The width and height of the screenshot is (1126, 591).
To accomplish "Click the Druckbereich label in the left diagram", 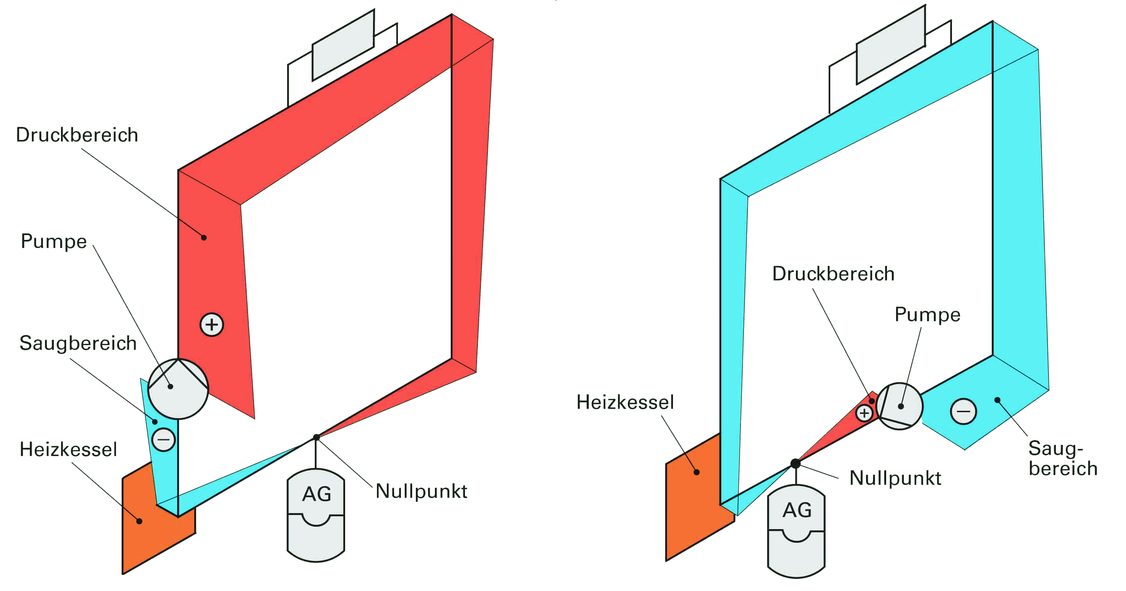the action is click(77, 135).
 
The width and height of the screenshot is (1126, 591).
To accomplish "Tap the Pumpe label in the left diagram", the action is click(54, 241).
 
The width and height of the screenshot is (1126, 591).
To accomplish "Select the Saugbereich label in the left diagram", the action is click(78, 343).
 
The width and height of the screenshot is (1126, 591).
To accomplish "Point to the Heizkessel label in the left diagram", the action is click(68, 449).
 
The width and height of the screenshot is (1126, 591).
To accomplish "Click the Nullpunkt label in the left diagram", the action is click(421, 491).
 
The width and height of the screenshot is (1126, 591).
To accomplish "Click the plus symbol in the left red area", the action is click(211, 325).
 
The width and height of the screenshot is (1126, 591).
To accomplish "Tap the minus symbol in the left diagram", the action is click(163, 440).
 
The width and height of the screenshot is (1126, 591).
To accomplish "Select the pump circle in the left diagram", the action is click(178, 389).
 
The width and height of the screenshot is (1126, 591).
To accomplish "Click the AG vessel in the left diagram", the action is click(315, 515).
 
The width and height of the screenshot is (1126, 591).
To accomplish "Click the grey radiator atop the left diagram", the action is click(343, 45).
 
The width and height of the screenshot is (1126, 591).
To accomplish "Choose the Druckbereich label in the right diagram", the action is click(833, 274).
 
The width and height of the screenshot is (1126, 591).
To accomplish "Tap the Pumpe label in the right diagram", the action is click(927, 315).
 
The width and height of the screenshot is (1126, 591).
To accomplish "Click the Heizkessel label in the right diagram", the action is click(625, 402).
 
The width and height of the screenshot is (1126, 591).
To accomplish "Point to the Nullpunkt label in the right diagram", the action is click(895, 478).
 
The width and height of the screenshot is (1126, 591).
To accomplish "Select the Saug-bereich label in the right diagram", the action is click(1063, 458).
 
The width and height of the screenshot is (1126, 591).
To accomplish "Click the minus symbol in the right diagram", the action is click(964, 411).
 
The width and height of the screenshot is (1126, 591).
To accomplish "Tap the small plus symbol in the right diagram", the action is click(864, 413).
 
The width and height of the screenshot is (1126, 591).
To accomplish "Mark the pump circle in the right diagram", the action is click(899, 406).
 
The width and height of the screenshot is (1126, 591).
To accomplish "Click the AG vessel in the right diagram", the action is click(796, 531).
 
